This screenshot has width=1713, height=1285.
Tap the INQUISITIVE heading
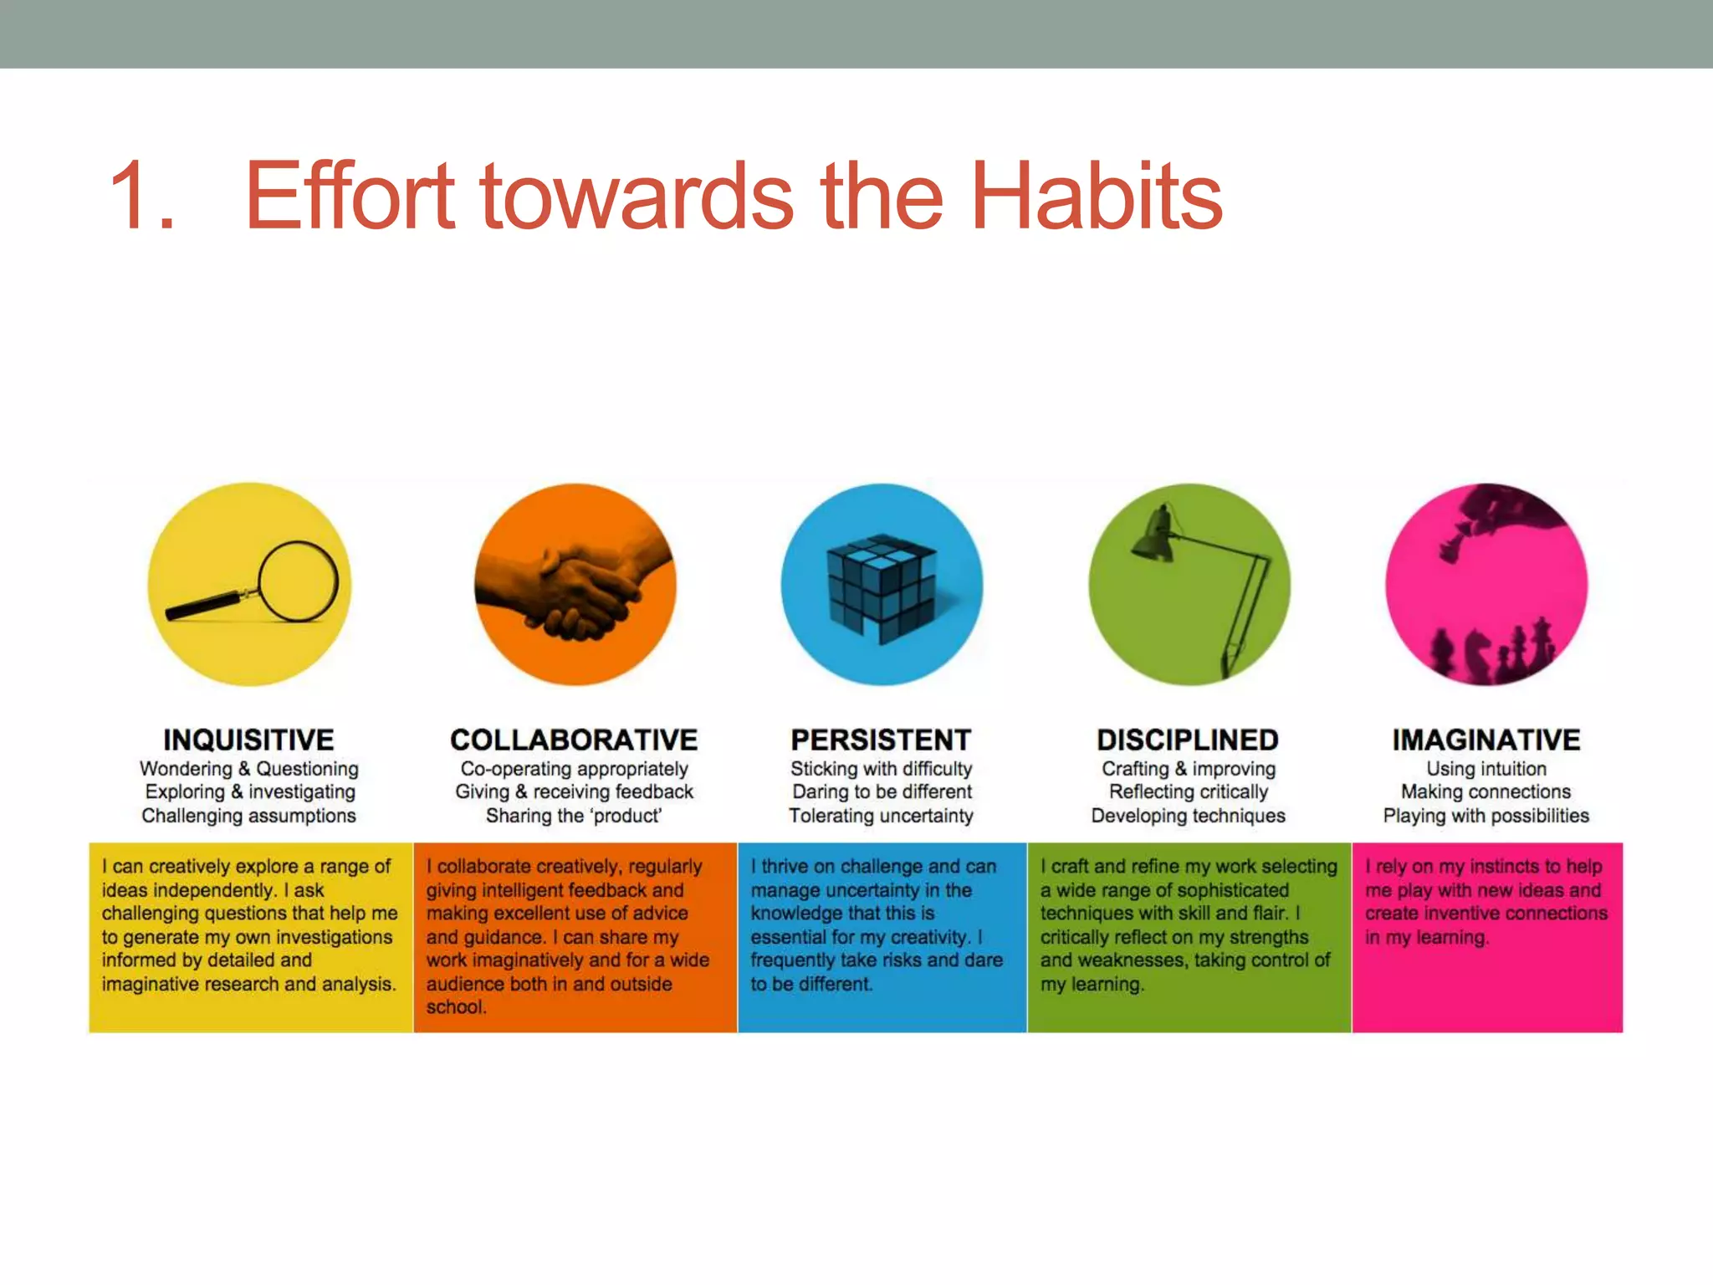pos(248,740)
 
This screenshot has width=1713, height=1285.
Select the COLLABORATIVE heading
pos(574,740)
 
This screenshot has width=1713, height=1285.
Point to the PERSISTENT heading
pos(881,740)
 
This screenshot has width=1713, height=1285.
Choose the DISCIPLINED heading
pos(1188,740)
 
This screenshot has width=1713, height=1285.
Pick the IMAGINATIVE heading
pos(1486,740)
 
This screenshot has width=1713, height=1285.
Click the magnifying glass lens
pos(299,581)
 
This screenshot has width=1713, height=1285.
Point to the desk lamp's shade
pos(1154,536)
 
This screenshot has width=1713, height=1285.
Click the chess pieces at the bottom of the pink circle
pos(1493,653)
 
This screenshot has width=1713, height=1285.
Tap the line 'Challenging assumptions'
pos(248,816)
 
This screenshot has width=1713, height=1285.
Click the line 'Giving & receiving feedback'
pos(574,791)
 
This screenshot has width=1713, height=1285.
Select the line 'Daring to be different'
pos(882,791)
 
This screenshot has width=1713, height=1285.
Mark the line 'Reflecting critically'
pos(1189,791)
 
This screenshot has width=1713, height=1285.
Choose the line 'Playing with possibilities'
pos(1486,816)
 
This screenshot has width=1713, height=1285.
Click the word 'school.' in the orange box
pos(456,1007)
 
